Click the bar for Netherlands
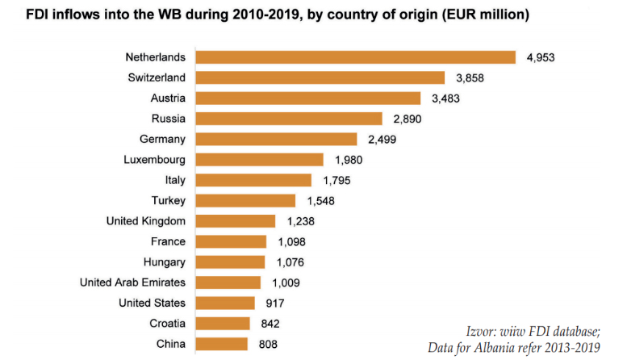pos(356,57)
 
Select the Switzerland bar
pos(320,77)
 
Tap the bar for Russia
pos(289,119)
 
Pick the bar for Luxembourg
pos(259,160)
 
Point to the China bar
pos(222,344)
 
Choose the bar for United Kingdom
pos(236,221)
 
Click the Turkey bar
pos(245,200)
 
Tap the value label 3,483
pos(444,98)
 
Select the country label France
pos(168,241)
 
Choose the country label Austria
pos(168,98)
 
